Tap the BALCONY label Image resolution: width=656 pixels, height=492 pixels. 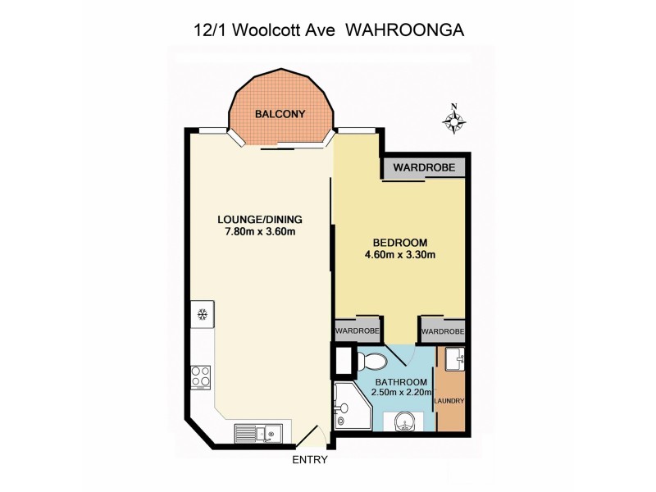click(x=280, y=114)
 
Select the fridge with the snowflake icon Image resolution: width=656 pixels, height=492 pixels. click(x=200, y=313)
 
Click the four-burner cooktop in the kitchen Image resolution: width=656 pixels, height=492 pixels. click(x=201, y=376)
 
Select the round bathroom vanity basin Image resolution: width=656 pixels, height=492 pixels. click(x=402, y=421)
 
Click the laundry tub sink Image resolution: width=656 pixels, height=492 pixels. click(x=456, y=358)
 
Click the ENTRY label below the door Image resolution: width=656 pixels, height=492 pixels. click(x=310, y=460)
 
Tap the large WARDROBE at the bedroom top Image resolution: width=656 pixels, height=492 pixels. click(x=422, y=168)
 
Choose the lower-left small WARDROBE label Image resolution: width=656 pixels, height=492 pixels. click(x=355, y=331)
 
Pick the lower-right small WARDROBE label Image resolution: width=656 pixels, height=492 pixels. click(x=443, y=331)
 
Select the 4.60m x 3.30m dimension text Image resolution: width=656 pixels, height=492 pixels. click(x=399, y=255)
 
